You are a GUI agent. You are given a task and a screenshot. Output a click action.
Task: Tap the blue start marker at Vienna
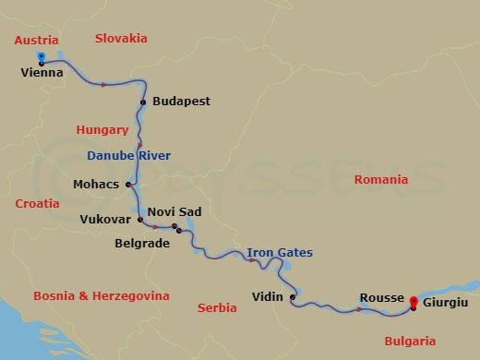pyautogui.click(x=42, y=57)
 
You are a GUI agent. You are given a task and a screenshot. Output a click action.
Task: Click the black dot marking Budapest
pyautogui.click(x=143, y=102)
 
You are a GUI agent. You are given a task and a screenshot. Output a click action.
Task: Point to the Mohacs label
pyautogui.click(x=96, y=184)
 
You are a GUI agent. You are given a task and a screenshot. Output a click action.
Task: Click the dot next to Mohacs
pyautogui.click(x=127, y=184)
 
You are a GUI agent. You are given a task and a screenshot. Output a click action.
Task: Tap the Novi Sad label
pyautogui.click(x=174, y=211)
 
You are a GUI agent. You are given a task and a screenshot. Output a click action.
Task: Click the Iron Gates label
pyautogui.click(x=280, y=252)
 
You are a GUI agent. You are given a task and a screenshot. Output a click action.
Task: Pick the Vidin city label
pyautogui.click(x=268, y=297)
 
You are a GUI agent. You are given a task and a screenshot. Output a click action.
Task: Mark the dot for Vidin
pyautogui.click(x=293, y=297)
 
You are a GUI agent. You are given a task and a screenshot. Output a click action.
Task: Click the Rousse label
pyautogui.click(x=382, y=297)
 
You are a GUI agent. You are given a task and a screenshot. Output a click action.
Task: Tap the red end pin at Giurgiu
pyautogui.click(x=413, y=301)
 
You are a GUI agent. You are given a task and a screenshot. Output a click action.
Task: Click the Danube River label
pyautogui.click(x=128, y=154)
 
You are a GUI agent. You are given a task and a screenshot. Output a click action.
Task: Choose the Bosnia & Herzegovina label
pyautogui.click(x=101, y=296)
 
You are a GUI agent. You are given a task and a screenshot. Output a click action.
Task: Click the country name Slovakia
pyautogui.click(x=122, y=38)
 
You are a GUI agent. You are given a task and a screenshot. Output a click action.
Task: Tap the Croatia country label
pyautogui.click(x=37, y=203)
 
